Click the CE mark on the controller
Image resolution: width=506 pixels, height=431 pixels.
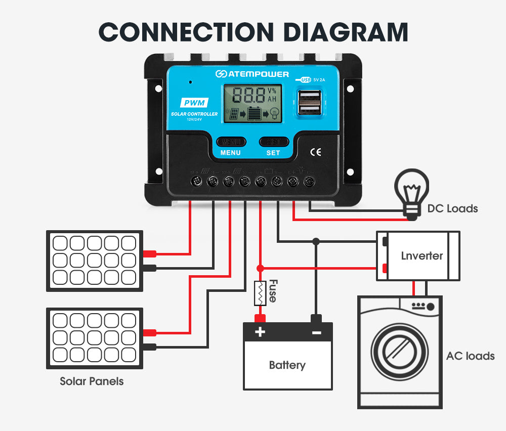(x=315, y=152)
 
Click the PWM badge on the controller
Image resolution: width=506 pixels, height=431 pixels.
(x=194, y=103)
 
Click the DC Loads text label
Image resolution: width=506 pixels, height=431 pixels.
(x=452, y=208)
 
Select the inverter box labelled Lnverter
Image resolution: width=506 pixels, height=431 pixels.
(x=418, y=256)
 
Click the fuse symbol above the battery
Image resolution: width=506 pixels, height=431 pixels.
(x=260, y=293)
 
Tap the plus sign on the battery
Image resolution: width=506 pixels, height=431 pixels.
(x=260, y=332)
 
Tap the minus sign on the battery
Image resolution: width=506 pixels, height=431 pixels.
(x=316, y=332)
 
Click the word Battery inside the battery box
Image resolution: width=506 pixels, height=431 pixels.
(x=287, y=365)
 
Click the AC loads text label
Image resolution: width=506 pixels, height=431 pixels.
(x=470, y=356)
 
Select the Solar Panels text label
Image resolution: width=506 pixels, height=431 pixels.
(x=92, y=381)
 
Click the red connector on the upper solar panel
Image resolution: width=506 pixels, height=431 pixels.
(x=149, y=254)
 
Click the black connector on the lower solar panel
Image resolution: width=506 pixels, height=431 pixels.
(x=150, y=347)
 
